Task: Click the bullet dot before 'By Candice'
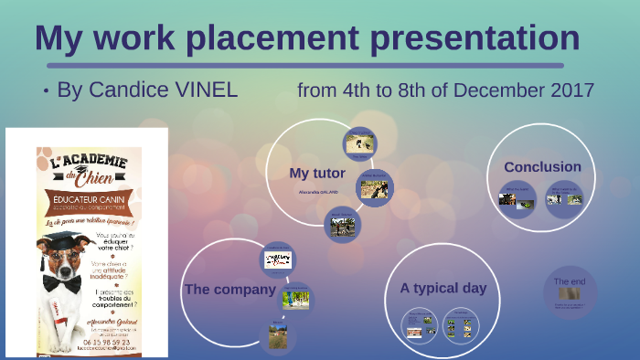pos(46,91)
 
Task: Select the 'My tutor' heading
pos(316,173)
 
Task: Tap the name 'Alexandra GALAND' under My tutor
pos(318,193)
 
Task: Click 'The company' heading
pos(229,290)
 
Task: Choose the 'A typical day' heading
pos(443,288)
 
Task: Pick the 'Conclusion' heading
pos(542,167)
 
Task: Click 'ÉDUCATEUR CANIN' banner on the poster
pos(88,199)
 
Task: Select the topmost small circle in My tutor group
pos(358,142)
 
